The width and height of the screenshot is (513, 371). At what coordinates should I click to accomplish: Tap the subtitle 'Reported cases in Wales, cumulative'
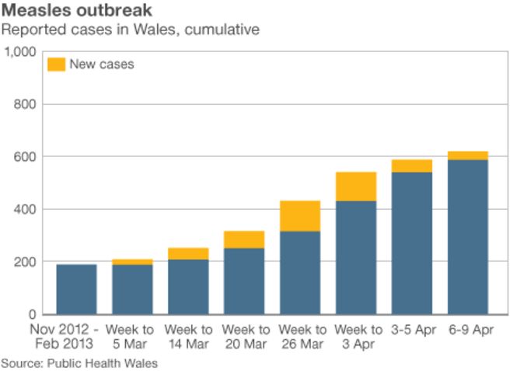(x=130, y=30)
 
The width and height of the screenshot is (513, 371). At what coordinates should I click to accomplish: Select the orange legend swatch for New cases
(x=56, y=64)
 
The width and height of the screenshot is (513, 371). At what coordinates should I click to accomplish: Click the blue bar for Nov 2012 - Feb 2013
(x=76, y=289)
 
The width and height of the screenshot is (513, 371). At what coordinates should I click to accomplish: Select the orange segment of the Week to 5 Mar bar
(x=132, y=262)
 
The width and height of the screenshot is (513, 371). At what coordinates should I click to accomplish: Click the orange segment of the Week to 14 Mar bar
(x=188, y=254)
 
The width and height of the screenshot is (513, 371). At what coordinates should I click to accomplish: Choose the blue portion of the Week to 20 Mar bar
(x=244, y=281)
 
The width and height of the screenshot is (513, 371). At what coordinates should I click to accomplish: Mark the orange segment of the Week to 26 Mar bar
(x=300, y=216)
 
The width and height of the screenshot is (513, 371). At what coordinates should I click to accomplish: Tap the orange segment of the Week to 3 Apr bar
(x=356, y=187)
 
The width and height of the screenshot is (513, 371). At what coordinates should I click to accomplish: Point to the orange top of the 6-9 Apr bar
(x=468, y=156)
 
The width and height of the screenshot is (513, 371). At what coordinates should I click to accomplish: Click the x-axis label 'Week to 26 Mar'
(x=300, y=337)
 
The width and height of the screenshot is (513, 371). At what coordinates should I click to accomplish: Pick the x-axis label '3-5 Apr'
(x=412, y=330)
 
